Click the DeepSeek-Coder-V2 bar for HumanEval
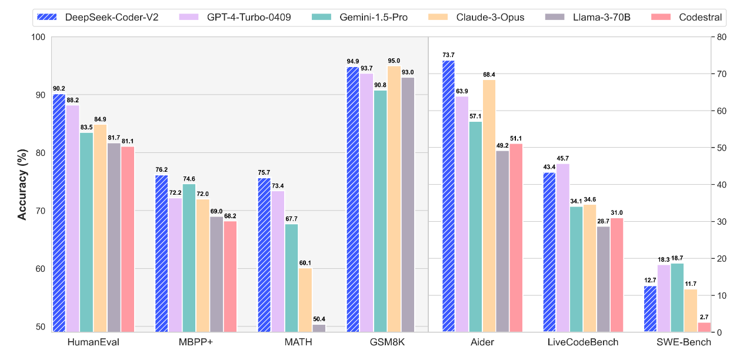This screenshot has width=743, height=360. pos(59,212)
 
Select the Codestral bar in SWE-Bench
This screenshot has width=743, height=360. pos(704,327)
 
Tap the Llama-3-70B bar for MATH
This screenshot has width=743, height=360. pos(319,328)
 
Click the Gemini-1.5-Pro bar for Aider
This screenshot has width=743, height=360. pos(475,226)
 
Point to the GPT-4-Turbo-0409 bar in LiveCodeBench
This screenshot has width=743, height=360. pos(563,248)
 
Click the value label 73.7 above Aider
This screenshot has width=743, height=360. pos(448,55)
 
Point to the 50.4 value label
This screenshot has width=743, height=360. pos(319,319)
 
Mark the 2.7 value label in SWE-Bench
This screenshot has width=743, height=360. pos(705,316)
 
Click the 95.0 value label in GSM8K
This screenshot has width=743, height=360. pos(394,61)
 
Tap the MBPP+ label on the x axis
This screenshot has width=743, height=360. pos(196,342)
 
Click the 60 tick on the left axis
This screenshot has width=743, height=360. pos(40,269)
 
